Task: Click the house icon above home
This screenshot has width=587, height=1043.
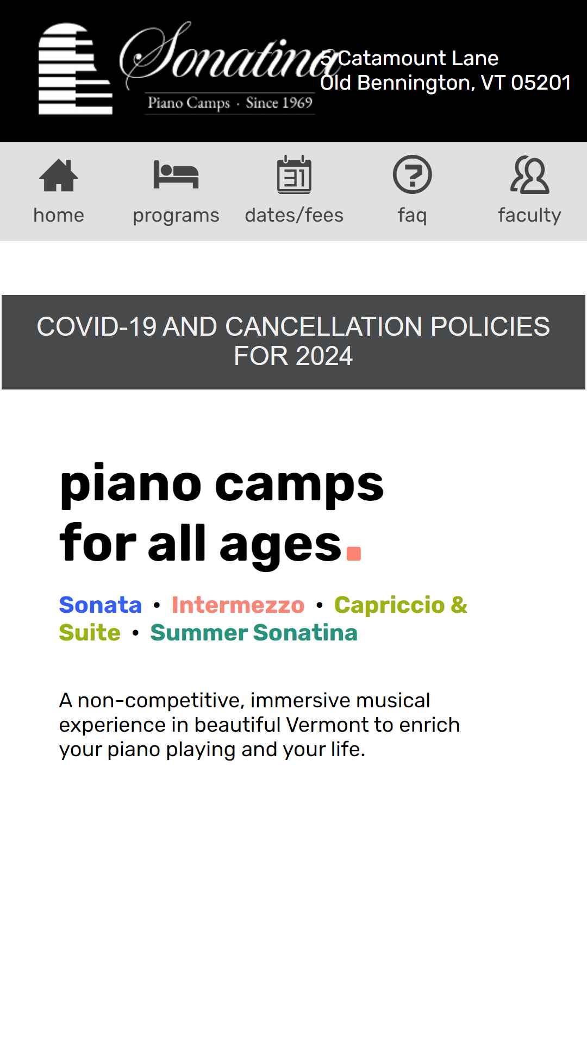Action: point(59,175)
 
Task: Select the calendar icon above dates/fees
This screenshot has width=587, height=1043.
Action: point(294,174)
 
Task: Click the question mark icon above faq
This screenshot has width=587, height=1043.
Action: point(412,174)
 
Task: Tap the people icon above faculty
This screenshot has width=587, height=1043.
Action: point(529,175)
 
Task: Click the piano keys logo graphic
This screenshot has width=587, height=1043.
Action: point(75,69)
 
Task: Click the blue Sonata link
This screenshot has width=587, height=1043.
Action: point(101,605)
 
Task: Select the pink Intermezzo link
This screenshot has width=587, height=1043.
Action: point(238,605)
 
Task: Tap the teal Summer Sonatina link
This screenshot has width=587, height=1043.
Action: point(254,632)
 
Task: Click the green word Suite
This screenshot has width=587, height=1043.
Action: point(90,632)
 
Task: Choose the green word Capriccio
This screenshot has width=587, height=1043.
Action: point(390,605)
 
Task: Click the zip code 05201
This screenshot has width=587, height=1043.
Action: point(541,83)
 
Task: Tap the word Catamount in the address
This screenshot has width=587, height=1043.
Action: point(388,58)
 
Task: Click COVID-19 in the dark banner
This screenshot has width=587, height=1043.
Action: point(96,326)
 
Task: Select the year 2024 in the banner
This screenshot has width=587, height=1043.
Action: point(324,356)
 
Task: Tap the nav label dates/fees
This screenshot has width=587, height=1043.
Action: point(294,215)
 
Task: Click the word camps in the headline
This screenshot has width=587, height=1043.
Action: point(299,485)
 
